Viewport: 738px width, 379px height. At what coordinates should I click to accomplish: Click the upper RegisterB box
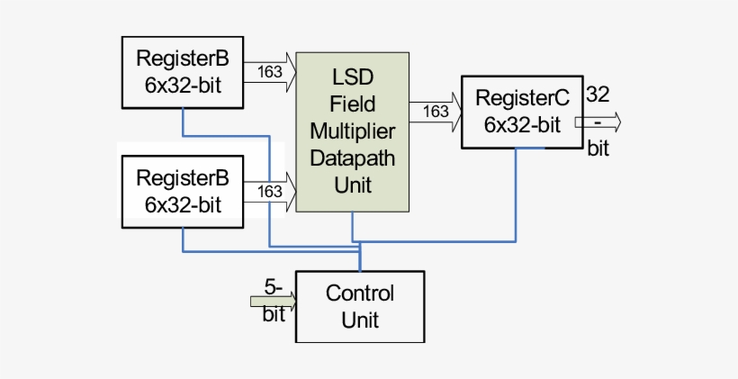coord(182,72)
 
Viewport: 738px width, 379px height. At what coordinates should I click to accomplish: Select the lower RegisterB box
coord(182,191)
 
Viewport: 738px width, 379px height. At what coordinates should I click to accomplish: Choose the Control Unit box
coord(359,306)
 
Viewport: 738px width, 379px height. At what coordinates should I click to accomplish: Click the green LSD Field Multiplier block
coord(353,132)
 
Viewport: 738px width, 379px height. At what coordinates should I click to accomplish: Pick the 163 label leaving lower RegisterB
coord(269,191)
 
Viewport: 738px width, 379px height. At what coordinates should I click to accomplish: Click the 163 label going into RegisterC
coord(435,112)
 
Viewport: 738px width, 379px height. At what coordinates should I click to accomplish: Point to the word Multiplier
coord(353,131)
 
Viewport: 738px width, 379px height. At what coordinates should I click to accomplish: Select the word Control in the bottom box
coord(359,293)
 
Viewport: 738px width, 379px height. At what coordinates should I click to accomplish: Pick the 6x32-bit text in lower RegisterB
coord(182,204)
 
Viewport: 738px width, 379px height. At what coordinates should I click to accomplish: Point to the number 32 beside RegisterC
coord(598,93)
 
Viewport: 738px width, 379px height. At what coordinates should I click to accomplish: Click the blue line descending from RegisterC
coord(516,194)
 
